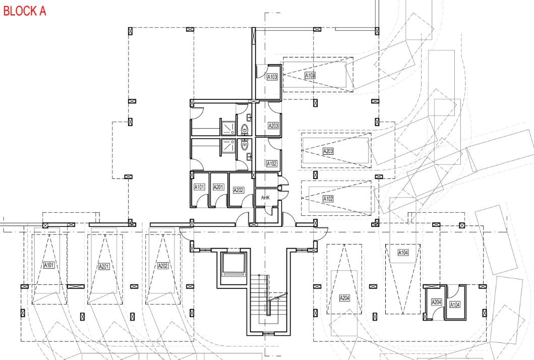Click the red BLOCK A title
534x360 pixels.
[x=25, y=11]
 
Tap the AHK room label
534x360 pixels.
[x=265, y=198]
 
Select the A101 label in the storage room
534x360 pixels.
[x=199, y=187]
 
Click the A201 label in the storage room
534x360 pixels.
[x=218, y=187]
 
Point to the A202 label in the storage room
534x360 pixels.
[x=239, y=190]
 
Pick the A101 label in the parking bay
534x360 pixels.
[x=49, y=265]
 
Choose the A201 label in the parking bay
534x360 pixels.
[x=104, y=266]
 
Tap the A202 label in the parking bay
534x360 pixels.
[x=163, y=266]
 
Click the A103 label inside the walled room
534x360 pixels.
[x=272, y=77]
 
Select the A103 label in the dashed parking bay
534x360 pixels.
[x=310, y=75]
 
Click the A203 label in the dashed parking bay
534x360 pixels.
[x=328, y=151]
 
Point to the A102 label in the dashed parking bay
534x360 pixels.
[x=328, y=199]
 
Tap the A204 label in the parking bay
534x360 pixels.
[x=344, y=298]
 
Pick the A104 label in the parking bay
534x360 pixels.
[x=403, y=253]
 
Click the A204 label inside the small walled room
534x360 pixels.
[x=436, y=302]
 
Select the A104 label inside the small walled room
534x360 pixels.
[x=455, y=305]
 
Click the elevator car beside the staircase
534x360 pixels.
[x=233, y=264]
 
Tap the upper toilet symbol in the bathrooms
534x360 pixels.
[x=244, y=130]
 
